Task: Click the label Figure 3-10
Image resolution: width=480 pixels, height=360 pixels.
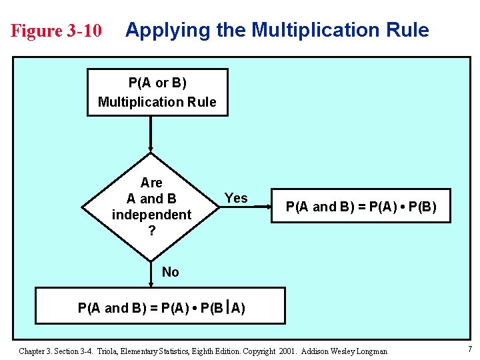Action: pos(57,31)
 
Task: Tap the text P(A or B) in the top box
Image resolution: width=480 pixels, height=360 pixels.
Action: pos(157,83)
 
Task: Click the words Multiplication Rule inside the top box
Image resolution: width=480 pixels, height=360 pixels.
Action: pos(157,102)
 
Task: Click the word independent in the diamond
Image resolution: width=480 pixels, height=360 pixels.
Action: pos(151,215)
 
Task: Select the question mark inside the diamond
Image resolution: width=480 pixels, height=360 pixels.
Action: pos(151,231)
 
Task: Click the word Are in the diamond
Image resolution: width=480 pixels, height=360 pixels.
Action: pos(151,183)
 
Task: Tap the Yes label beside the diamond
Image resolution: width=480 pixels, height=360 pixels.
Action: pos(236,198)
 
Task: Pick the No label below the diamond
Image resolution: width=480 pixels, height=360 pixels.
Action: pos(171,271)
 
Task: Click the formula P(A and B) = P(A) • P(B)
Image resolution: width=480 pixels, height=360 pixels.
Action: pos(361,207)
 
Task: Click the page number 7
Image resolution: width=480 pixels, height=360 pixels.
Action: pos(469,350)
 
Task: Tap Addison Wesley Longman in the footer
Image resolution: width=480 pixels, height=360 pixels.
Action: pos(345,351)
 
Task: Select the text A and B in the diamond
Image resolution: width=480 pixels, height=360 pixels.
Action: pos(151,199)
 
